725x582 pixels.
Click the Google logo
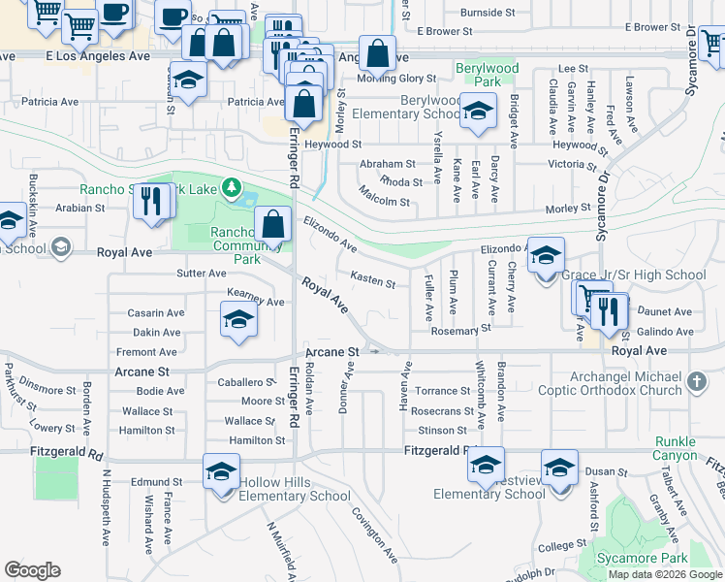tap(32, 570)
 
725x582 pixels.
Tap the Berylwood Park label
tap(488, 76)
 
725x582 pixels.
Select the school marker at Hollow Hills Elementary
tap(221, 472)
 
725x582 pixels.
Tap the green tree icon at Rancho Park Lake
tap(231, 186)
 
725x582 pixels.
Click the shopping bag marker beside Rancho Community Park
tap(274, 224)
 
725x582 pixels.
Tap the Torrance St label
tap(442, 391)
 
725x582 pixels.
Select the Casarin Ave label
tap(156, 313)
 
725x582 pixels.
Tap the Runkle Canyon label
tap(676, 448)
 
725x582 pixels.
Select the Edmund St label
tap(157, 481)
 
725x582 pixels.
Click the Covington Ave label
tap(375, 535)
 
